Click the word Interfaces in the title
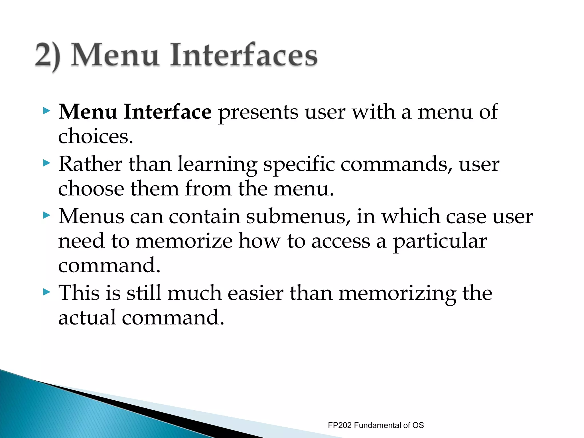[x=244, y=55]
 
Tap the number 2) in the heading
[x=48, y=55]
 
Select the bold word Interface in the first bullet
[x=167, y=112]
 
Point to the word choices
[x=95, y=136]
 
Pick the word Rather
[x=90, y=164]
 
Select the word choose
[x=91, y=189]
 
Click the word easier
[x=255, y=293]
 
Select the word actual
[x=87, y=317]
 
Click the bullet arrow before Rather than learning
[x=46, y=163]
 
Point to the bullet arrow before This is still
[x=46, y=292]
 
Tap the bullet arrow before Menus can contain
[x=46, y=215]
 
